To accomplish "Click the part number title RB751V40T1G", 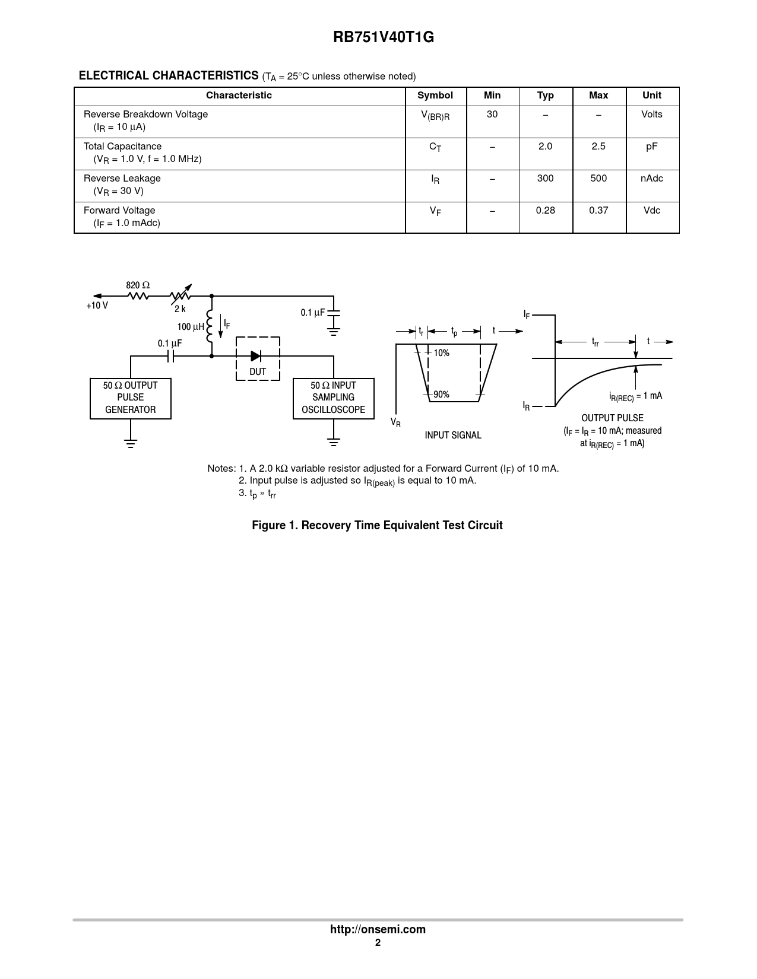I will (x=383, y=37).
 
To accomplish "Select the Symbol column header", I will (x=435, y=96).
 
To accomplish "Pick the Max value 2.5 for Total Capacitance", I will (x=598, y=147).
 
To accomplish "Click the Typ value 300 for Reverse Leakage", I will (x=545, y=179).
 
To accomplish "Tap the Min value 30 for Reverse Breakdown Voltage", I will (x=492, y=114).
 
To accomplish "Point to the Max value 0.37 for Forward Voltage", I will (x=598, y=211).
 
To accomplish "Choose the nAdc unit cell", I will (x=651, y=179).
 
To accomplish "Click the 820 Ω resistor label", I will (x=138, y=285).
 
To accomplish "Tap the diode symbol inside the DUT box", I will (x=256, y=356).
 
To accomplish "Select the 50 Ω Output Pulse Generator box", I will (x=131, y=398).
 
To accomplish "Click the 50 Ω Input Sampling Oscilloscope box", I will (x=333, y=398).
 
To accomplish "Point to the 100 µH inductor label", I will (x=191, y=327).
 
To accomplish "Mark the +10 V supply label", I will (x=97, y=306).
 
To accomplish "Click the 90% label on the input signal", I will (x=441, y=395).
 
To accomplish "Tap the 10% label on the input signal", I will (x=441, y=353).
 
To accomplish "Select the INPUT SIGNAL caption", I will (x=453, y=436).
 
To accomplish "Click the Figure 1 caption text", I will (x=377, y=525).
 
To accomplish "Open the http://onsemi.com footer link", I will (x=378, y=929).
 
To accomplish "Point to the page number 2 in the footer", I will (x=378, y=943).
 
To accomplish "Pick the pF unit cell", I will (x=651, y=147).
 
